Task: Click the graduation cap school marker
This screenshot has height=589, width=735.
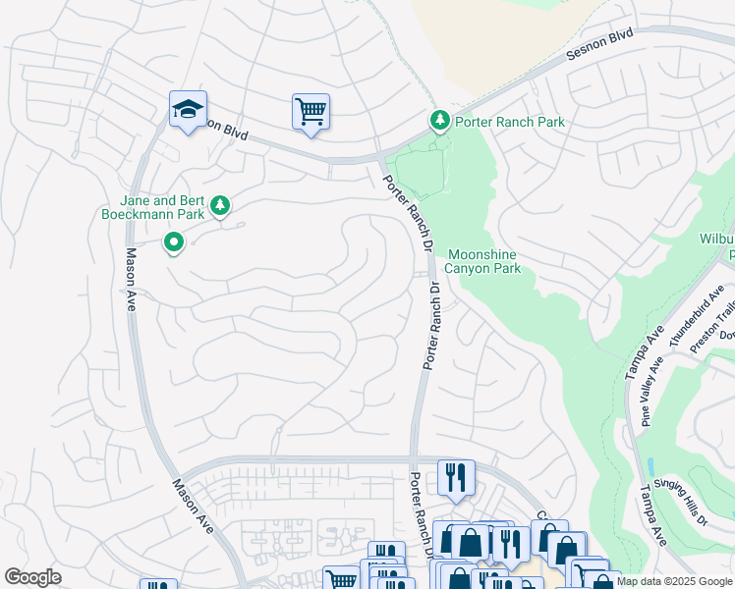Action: [188, 109]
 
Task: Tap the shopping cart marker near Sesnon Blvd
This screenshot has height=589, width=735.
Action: [311, 111]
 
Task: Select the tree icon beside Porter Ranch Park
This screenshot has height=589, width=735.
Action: [440, 121]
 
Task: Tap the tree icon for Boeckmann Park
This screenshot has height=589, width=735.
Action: [222, 204]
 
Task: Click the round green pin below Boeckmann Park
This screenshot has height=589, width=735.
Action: [173, 241]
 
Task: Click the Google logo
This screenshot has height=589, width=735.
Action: [33, 577]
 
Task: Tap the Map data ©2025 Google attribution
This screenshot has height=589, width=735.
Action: [673, 581]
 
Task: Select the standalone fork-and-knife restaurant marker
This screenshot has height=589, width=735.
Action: [456, 477]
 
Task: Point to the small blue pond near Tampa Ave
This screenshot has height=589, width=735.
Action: [650, 466]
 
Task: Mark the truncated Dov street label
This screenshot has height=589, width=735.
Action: [726, 336]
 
